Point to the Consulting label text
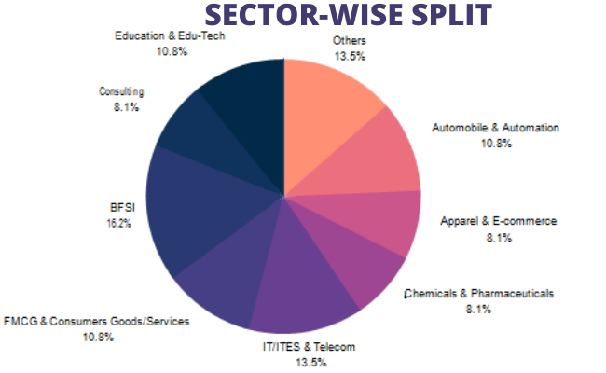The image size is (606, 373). point(120,91)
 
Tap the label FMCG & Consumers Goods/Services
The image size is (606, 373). point(97,322)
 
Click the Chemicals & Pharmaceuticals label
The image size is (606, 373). point(478,293)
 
